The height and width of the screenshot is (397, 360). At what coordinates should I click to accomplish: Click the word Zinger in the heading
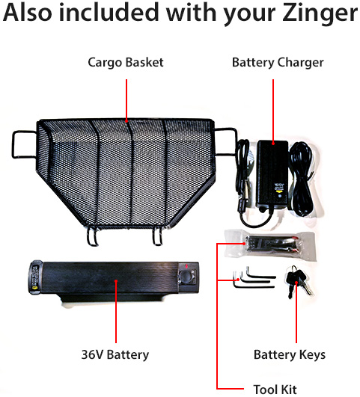pos(320,14)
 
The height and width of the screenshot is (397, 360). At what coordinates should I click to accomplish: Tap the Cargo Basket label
pos(126,63)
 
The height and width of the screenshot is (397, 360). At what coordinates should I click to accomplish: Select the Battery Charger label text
pos(278,63)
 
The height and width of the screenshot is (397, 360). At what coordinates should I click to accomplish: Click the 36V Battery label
pos(115,354)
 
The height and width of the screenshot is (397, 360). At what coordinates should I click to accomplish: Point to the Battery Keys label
pos(290,354)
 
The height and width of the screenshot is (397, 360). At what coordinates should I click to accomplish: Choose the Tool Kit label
pos(275,390)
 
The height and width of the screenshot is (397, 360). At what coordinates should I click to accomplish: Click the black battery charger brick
pos(272,175)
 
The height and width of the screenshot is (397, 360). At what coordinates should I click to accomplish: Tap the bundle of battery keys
pos(299,281)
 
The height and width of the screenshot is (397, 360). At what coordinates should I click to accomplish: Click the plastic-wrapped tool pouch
pos(270,245)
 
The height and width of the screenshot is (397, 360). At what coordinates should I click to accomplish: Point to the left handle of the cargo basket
pos(25,144)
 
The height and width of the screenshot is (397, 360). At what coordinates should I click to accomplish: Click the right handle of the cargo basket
pos(225,142)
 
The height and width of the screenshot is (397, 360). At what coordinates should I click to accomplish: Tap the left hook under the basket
pos(92,236)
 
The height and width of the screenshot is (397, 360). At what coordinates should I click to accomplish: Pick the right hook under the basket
pos(157,236)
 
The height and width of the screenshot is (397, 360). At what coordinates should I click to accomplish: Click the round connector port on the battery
pos(187,276)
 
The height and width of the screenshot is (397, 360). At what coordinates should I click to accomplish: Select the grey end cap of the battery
pos(35,277)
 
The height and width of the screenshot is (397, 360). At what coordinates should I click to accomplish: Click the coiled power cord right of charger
pos(302,179)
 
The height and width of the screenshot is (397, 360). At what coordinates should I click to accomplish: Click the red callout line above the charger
pos(273,111)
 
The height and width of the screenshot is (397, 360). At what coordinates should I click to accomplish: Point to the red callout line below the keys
pos(296,313)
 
